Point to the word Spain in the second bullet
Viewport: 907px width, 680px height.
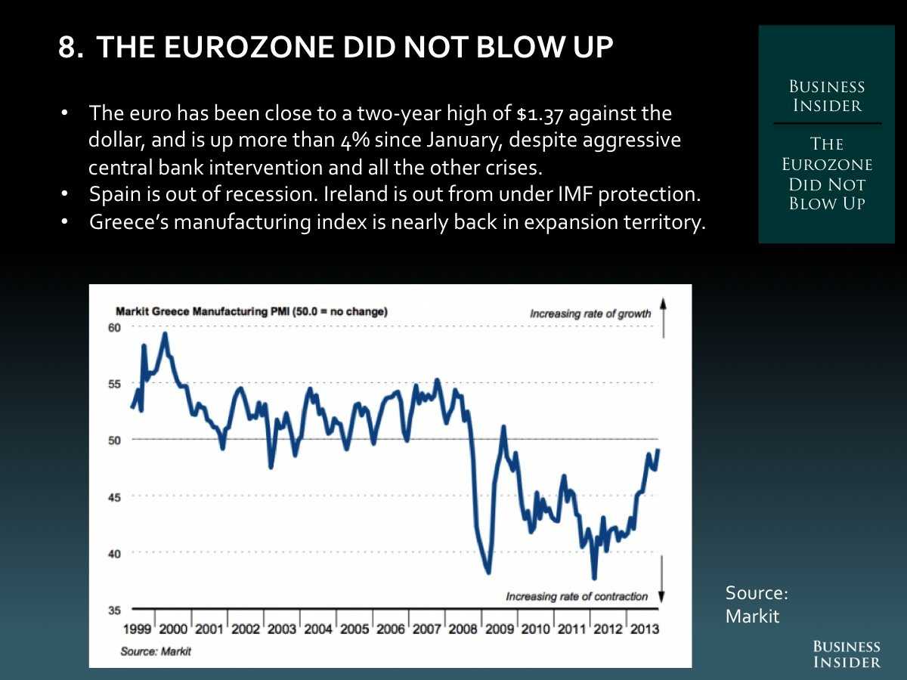click(x=112, y=194)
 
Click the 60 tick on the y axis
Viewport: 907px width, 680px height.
click(x=115, y=327)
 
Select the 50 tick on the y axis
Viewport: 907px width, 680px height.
click(x=115, y=440)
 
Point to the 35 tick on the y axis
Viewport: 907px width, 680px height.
click(x=115, y=609)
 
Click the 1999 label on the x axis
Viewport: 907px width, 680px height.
click(x=136, y=629)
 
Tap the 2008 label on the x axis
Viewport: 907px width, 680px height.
click(x=463, y=629)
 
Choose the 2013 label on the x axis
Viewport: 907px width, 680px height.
click(x=645, y=629)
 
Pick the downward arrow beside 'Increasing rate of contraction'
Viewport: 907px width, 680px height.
click(x=662, y=578)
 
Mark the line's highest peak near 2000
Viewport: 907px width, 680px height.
click(x=165, y=333)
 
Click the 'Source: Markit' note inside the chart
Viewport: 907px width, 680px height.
click(x=156, y=651)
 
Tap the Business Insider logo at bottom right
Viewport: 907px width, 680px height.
click(x=847, y=654)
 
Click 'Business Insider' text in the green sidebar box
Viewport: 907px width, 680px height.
click(x=827, y=96)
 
